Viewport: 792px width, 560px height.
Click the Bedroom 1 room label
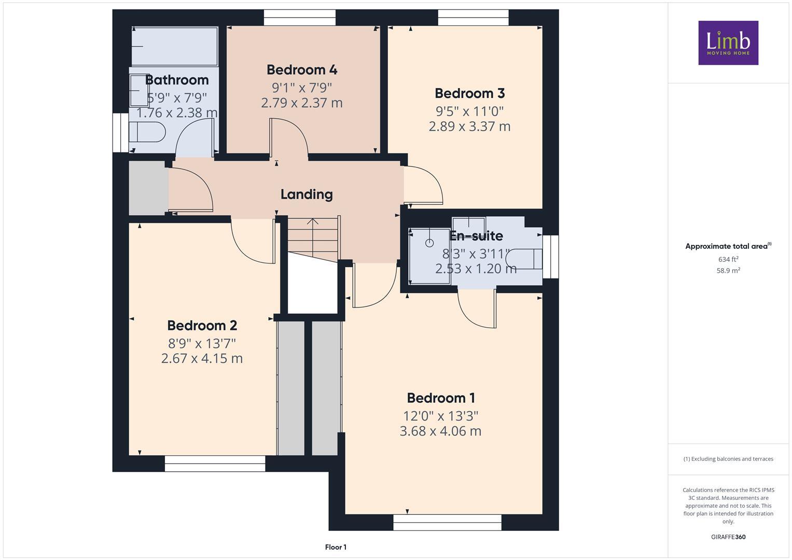(x=440, y=398)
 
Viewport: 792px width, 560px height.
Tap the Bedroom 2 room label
(x=202, y=325)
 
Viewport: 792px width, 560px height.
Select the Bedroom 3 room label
(x=469, y=93)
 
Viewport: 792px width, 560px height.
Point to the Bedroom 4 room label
(x=302, y=69)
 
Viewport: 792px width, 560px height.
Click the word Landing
(x=307, y=194)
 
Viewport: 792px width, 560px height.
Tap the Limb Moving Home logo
(x=728, y=43)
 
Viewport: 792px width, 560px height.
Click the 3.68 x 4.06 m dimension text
(x=440, y=431)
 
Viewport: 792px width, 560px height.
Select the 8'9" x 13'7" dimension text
(x=202, y=343)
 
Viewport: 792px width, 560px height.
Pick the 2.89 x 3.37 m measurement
(x=469, y=127)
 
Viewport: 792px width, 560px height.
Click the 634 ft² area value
(x=728, y=259)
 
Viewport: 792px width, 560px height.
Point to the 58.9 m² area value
(x=728, y=270)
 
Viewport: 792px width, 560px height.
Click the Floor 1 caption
(x=336, y=547)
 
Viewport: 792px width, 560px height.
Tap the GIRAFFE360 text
(x=728, y=537)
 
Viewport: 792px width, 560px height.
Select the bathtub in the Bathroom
(x=174, y=47)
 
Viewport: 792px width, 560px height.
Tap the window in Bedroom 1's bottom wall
(x=447, y=522)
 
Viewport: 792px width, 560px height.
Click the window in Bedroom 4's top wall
(x=299, y=18)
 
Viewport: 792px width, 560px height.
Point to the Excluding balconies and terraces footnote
(x=728, y=459)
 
